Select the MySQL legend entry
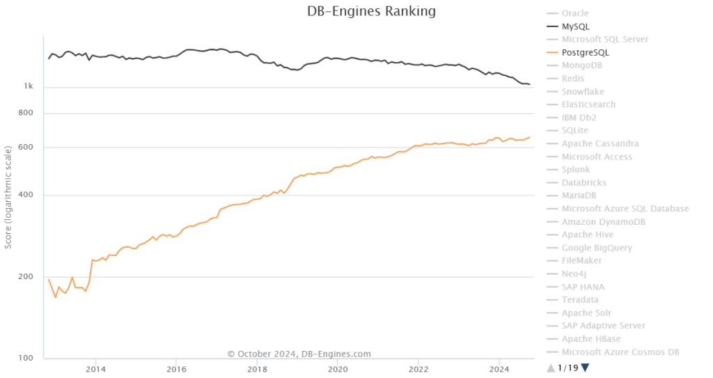[576, 26]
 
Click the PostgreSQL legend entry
[585, 52]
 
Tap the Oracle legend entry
[574, 13]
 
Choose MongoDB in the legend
[581, 65]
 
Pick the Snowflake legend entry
[583, 91]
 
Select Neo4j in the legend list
[574, 274]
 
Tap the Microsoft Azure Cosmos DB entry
[620, 352]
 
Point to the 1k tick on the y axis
[29, 87]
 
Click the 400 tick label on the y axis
[26, 195]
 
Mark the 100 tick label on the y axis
[26, 359]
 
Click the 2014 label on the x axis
[96, 369]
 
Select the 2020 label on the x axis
[338, 369]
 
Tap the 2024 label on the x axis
[499, 369]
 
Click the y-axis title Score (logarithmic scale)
[8, 197]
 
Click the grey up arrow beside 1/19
[551, 368]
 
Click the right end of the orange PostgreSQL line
[530, 137]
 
